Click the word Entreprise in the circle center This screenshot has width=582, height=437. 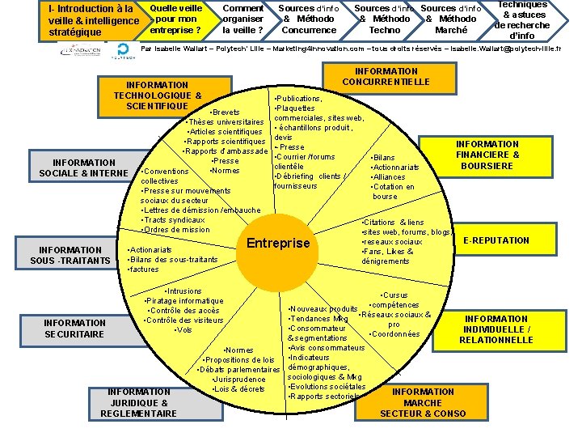(278, 244)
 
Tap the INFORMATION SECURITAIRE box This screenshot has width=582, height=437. (74, 328)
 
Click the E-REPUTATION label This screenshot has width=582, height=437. (497, 240)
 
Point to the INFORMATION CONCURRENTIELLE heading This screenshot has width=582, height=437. (386, 77)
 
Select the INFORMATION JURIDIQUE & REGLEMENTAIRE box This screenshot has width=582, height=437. (138, 402)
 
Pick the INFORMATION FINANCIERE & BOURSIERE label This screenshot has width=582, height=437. (487, 155)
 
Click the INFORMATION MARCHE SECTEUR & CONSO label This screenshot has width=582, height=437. (423, 402)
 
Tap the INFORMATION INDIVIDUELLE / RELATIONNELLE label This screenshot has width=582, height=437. (496, 329)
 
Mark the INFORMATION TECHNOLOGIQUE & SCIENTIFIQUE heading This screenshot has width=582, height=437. (158, 95)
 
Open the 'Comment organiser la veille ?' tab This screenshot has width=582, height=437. (242, 19)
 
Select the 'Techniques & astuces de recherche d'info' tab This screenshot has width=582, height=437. (523, 19)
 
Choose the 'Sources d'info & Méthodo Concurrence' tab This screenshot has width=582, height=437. (309, 19)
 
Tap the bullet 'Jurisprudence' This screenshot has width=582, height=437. (239, 380)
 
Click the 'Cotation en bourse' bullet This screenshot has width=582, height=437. (394, 192)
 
